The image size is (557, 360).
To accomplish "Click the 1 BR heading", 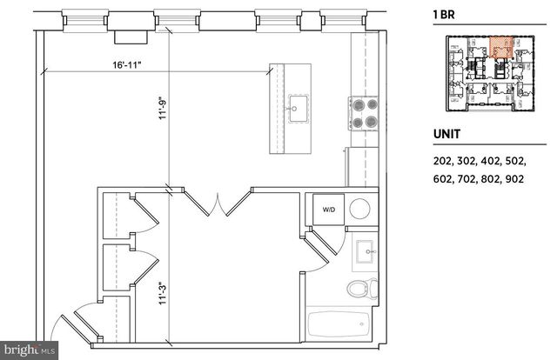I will tap(446, 14).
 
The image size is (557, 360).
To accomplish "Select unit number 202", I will tap(444, 161).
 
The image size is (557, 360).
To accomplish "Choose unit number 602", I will tap(444, 179).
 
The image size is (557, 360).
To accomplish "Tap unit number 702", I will tap(472, 179).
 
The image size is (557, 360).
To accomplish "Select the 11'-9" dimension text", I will tap(162, 116).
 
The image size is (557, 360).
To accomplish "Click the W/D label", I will tap(330, 210).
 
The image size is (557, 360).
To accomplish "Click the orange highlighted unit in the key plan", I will tap(500, 48).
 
